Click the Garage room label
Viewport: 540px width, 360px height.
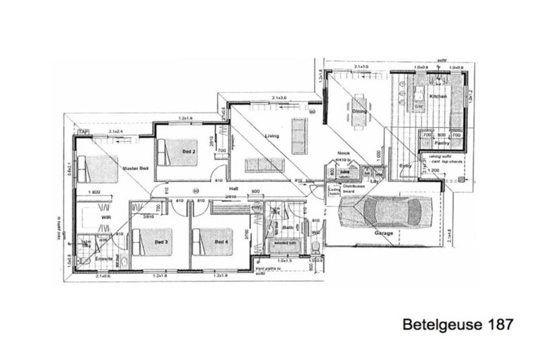point(383,233)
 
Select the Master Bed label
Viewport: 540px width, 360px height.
point(135,169)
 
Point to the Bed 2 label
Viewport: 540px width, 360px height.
point(189,152)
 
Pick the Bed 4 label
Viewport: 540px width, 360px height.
point(221,242)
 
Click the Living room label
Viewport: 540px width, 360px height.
point(271,136)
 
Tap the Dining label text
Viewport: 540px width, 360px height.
point(359,111)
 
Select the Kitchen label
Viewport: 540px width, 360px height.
point(438,96)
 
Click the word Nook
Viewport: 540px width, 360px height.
point(343,153)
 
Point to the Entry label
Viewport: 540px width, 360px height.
point(405,166)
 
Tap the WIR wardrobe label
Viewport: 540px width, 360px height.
point(107,219)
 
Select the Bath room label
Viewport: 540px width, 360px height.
point(287,227)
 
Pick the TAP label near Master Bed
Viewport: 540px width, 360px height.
point(84,132)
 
